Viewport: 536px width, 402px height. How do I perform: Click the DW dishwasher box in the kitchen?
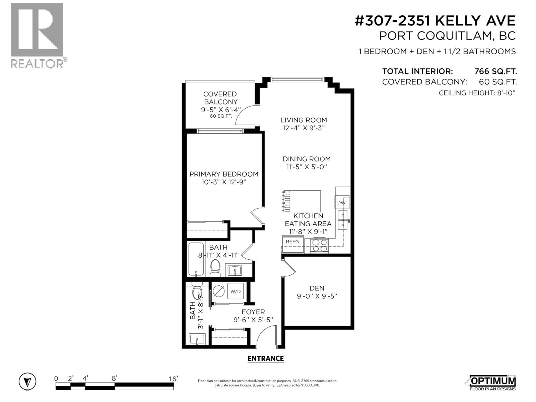pyautogui.click(x=341, y=203)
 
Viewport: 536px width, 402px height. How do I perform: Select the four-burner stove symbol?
pyautogui.click(x=319, y=245)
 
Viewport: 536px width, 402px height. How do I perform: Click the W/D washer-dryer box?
pyautogui.click(x=236, y=291)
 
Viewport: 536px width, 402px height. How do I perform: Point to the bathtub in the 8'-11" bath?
pyautogui.click(x=196, y=259)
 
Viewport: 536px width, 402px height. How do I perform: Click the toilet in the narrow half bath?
pyautogui.click(x=197, y=291)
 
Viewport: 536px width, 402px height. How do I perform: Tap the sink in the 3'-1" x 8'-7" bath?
pyautogui.click(x=197, y=339)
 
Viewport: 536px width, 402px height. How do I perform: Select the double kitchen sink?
pyautogui.click(x=343, y=220)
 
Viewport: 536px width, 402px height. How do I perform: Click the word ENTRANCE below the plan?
pyautogui.click(x=265, y=358)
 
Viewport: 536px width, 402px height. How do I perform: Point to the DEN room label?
pyautogui.click(x=317, y=288)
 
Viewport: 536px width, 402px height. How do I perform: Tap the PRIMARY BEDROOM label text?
pyautogui.click(x=224, y=174)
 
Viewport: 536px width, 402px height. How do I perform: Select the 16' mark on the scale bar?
pyautogui.click(x=173, y=379)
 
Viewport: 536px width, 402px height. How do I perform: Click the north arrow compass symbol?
pyautogui.click(x=27, y=382)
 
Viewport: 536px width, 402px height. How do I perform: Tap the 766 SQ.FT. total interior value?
pyautogui.click(x=495, y=71)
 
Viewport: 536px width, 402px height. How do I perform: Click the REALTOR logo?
pyautogui.click(x=37, y=35)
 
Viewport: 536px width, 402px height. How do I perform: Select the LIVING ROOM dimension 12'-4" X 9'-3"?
pyautogui.click(x=304, y=128)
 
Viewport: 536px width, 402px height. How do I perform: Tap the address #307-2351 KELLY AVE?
pyautogui.click(x=435, y=21)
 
